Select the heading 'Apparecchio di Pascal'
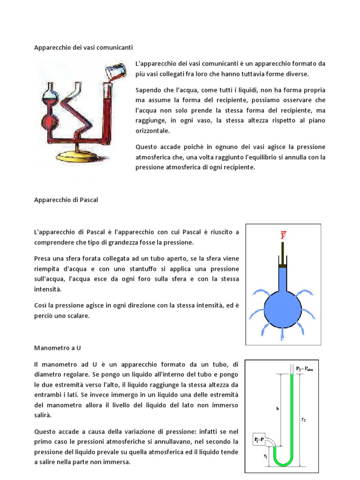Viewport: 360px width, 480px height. pos(66,199)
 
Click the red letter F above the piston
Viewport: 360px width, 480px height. pos(283,234)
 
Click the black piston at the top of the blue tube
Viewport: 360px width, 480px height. pos(283,266)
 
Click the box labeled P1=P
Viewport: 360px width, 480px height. pos(258,440)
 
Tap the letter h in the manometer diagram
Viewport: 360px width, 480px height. pos(277,408)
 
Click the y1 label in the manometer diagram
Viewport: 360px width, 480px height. pos(265,455)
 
